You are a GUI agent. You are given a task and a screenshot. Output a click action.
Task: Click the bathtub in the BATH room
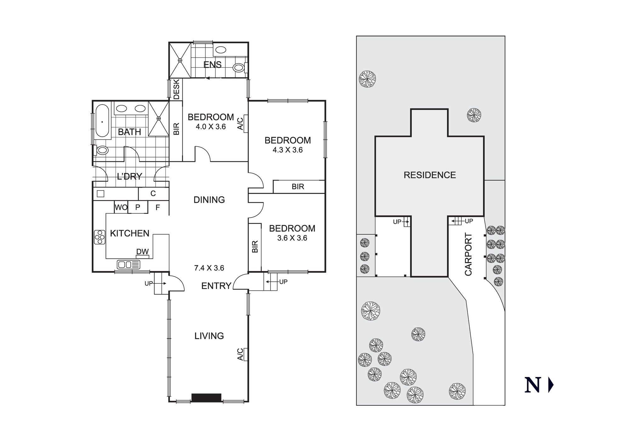[x=102, y=121]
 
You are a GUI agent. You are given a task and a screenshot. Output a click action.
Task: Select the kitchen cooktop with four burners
[x=100, y=237]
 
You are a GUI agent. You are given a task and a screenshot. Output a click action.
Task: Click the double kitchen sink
[x=129, y=265]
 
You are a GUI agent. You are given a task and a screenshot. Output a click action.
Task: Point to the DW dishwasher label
[x=142, y=252]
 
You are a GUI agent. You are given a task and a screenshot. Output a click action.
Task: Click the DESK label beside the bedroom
[x=176, y=89]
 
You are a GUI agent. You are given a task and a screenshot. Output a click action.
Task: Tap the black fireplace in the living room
[x=206, y=397]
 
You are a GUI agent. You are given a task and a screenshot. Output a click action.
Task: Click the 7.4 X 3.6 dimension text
[x=209, y=268]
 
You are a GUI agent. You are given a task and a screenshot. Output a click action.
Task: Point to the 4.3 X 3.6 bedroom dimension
[x=288, y=150]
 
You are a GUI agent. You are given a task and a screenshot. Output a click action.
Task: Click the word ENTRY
[x=216, y=286]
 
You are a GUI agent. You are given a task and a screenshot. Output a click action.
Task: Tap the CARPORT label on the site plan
[x=468, y=254]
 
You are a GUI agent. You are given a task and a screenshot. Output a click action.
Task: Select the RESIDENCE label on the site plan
[x=430, y=175]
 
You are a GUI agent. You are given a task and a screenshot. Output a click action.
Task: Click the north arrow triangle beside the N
[x=551, y=385]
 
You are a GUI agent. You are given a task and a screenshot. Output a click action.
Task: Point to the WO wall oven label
[x=121, y=207]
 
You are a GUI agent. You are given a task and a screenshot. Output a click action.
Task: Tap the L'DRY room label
[x=129, y=176]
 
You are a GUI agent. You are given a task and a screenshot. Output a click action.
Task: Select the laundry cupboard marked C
[x=153, y=193]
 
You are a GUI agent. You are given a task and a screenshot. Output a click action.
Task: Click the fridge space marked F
[x=158, y=207]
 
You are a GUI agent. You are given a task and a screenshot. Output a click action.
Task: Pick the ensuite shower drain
[x=180, y=60]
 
